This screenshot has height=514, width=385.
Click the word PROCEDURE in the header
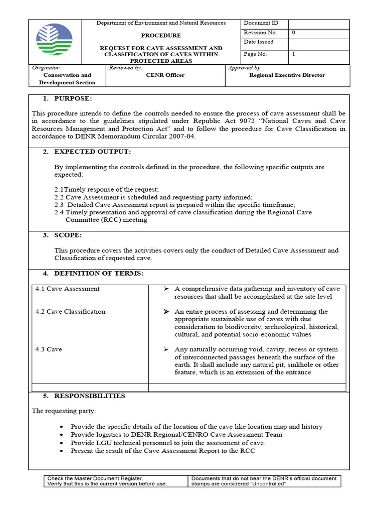tap(161, 36)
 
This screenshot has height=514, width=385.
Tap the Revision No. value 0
tap(294, 33)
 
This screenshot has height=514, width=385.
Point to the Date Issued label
tap(259, 42)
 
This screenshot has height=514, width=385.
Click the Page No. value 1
tap(294, 54)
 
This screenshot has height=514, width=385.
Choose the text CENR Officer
tap(165, 75)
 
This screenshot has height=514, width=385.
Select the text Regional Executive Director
tap(287, 75)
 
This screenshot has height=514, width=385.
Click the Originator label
tap(46, 68)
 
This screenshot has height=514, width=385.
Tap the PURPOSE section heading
tap(73, 98)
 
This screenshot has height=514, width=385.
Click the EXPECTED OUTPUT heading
tap(93, 152)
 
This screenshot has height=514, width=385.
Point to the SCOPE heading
tap(68, 235)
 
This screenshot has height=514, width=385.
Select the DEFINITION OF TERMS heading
tap(99, 273)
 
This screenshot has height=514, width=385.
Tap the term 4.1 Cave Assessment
tap(67, 289)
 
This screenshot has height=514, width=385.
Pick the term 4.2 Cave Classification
tap(70, 312)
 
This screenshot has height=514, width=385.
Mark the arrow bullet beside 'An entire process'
tap(166, 312)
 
